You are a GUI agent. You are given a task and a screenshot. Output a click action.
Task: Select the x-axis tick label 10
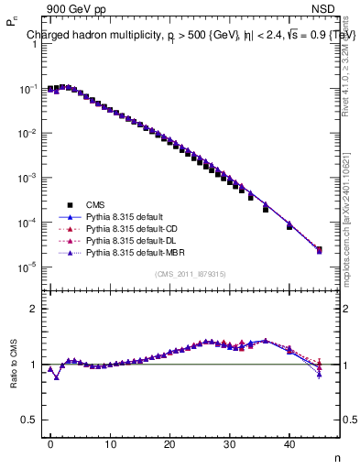tap(110, 445)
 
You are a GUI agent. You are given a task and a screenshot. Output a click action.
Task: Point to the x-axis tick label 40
tap(289, 445)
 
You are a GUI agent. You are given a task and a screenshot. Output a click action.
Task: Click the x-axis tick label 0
tap(50, 445)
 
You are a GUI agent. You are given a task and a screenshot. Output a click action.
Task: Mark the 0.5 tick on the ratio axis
tap(35, 420)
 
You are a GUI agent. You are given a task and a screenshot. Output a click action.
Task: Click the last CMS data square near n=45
tap(319, 249)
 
